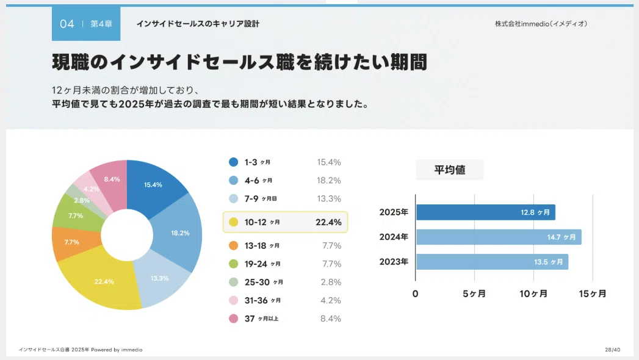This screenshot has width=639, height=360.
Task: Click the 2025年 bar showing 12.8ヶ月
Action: click(x=485, y=212)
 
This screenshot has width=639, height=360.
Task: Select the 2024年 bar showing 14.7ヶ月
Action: click(x=499, y=237)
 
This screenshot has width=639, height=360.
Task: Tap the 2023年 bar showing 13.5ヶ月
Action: click(x=492, y=262)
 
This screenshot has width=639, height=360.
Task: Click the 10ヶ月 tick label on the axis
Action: click(x=533, y=293)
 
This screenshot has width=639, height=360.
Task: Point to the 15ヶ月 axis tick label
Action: click(x=593, y=293)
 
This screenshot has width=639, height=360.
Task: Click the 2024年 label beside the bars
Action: click(x=394, y=237)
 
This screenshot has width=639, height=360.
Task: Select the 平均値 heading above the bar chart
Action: click(x=450, y=170)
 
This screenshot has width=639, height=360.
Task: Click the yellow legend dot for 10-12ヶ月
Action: click(x=234, y=222)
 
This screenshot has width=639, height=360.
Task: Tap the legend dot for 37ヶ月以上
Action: click(x=234, y=319)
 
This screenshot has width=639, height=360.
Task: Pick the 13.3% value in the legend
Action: click(x=329, y=199)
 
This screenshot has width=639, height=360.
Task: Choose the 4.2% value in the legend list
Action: click(x=331, y=301)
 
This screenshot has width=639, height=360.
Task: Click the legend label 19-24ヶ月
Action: click(x=262, y=264)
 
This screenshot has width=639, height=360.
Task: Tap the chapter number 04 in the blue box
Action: click(x=67, y=24)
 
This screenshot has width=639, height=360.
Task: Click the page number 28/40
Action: click(x=613, y=350)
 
